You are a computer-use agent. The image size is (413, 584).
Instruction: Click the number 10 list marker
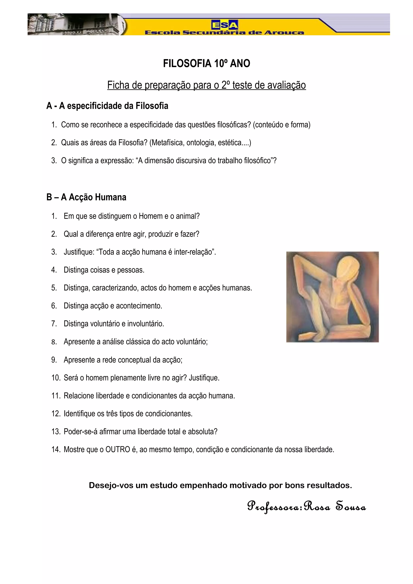(55, 378)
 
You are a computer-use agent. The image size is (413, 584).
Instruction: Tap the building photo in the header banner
(74, 24)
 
